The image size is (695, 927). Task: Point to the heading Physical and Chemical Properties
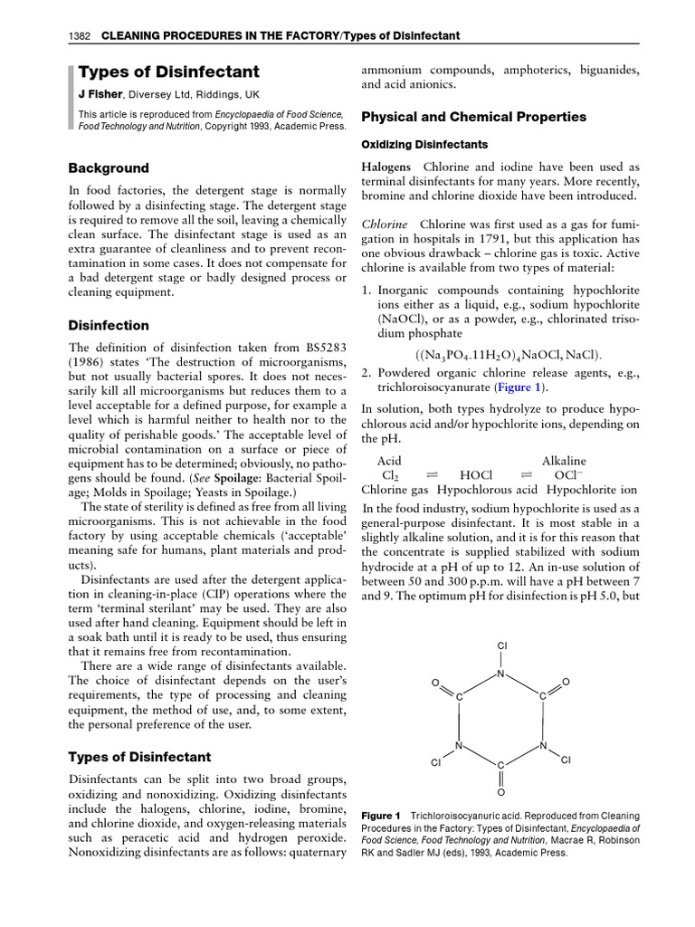click(473, 117)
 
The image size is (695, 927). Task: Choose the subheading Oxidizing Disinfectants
click(424, 145)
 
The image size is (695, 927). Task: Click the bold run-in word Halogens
click(386, 167)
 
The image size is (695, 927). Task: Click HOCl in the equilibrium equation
click(476, 475)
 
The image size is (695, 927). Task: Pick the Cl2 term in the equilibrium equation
click(390, 476)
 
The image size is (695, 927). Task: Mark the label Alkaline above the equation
click(563, 461)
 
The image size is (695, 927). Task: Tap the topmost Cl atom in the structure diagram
click(502, 645)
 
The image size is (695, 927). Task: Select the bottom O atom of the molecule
click(501, 791)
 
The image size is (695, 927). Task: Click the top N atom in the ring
click(501, 674)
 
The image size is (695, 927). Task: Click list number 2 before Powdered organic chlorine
click(367, 372)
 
